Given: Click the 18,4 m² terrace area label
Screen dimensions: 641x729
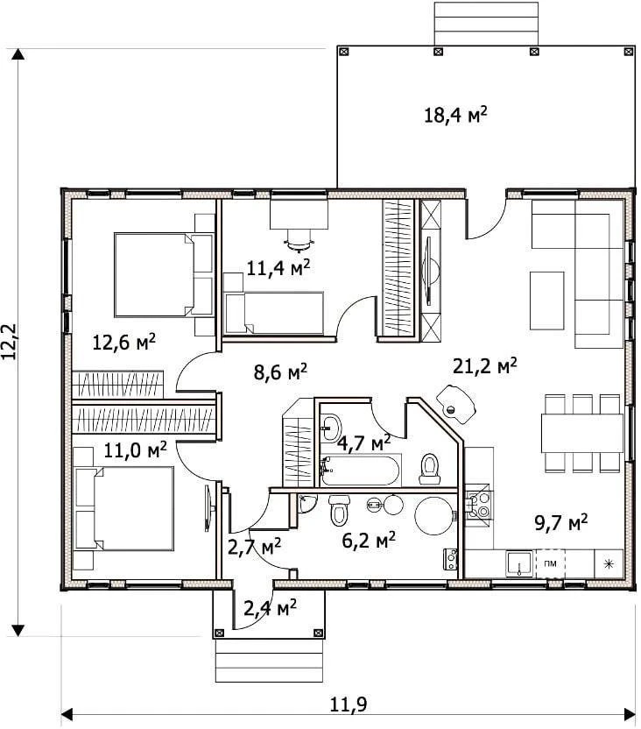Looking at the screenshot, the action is coord(455,115).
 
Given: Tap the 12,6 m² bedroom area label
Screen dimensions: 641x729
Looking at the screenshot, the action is coord(124,343).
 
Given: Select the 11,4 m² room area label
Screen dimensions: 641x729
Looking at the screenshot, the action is coord(278,267).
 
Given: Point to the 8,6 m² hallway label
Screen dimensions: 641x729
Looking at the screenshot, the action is coord(280,372).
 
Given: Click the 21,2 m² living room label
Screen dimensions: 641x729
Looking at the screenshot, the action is coord(485,366).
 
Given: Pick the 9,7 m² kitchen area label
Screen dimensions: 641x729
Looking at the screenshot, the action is coord(561,522).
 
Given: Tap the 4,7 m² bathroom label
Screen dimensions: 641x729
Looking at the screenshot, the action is coord(363,442).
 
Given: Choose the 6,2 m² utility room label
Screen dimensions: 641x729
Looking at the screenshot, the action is coord(369,540).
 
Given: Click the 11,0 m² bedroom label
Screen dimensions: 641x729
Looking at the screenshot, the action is coord(135,450).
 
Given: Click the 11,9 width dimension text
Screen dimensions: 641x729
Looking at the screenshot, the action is coord(349,704).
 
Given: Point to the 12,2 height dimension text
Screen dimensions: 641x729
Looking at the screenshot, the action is coord(10,342).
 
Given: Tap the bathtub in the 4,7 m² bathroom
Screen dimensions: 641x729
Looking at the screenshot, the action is coord(360,471).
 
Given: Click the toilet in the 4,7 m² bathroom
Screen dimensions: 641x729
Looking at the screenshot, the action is coord(430,469).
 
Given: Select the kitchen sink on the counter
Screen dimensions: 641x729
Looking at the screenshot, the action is coord(519,563).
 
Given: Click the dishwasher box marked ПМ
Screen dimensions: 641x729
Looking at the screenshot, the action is coord(551,563).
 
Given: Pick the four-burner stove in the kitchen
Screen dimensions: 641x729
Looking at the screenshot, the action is coord(477,505).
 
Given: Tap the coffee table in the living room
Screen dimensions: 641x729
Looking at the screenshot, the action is coord(547,301).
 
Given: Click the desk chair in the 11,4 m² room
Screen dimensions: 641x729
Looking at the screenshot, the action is coord(299,238).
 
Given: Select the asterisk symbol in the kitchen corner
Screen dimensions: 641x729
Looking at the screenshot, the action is coord(609,564).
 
